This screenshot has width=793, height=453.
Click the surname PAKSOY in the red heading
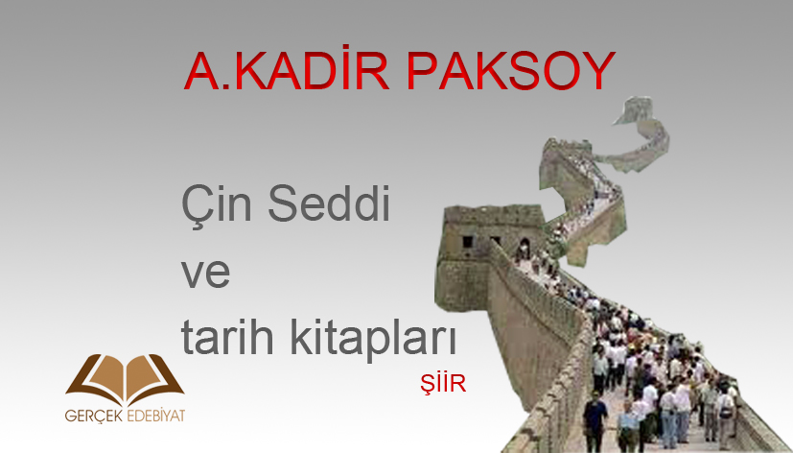[x=511, y=71]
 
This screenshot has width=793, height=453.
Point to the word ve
[x=206, y=274]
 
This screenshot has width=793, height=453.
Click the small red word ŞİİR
[x=443, y=383]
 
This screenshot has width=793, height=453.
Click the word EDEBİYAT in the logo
[x=155, y=415]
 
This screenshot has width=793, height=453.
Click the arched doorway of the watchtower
[x=525, y=247]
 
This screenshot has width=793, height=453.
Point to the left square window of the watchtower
[x=468, y=242]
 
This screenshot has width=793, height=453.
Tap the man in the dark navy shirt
[x=595, y=419]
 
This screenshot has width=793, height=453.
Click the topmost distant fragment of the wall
[x=633, y=110]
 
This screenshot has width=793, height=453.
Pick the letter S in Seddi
[x=283, y=203]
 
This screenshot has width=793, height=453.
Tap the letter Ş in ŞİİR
[x=428, y=385]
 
